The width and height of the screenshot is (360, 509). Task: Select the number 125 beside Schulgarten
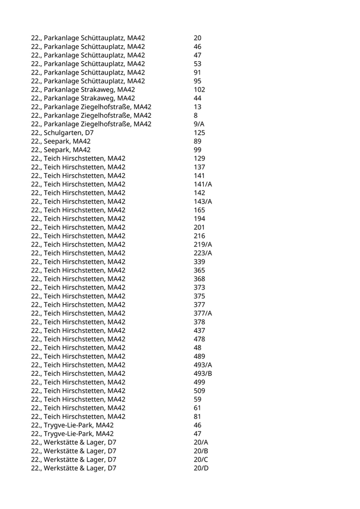tap(200, 133)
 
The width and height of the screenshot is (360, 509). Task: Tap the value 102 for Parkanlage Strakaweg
tap(200, 89)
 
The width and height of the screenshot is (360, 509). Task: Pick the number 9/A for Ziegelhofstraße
tap(200, 124)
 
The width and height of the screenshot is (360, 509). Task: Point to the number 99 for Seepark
tap(198, 150)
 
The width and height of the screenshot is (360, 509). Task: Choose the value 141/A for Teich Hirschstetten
tap(203, 184)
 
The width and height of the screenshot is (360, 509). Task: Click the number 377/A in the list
tap(203, 313)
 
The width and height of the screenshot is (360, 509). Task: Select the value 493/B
tap(203, 373)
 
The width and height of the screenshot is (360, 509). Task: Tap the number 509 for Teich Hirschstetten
tap(200, 391)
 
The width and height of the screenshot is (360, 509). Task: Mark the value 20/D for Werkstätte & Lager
tap(202, 468)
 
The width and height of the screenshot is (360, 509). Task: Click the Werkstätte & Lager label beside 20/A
tap(74, 442)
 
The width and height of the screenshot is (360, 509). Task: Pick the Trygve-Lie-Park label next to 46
tap(73, 425)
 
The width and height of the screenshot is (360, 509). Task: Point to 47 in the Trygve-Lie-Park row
tap(198, 433)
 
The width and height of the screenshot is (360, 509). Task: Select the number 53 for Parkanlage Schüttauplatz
tap(198, 64)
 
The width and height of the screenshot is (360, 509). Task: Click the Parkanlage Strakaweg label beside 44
tap(83, 98)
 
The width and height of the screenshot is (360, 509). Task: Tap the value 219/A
tap(203, 244)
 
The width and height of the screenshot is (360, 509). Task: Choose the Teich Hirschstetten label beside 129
tap(78, 158)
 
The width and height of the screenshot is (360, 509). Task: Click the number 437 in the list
tap(200, 331)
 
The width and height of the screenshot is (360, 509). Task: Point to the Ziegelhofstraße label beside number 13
tap(91, 107)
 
